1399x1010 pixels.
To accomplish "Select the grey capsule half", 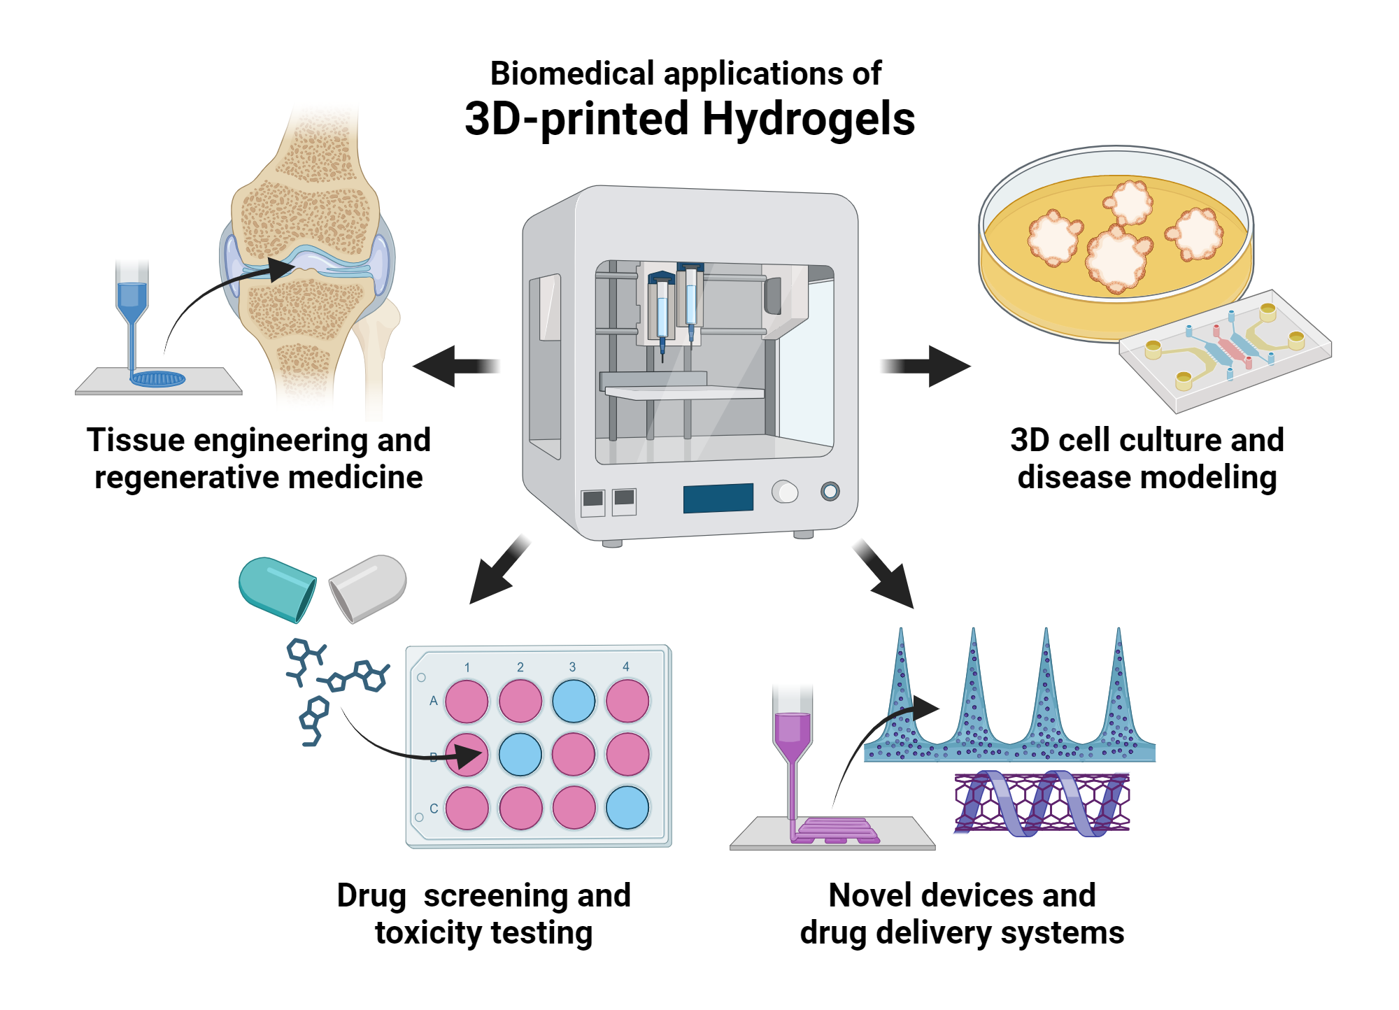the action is click(x=368, y=588).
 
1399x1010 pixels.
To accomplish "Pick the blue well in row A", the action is click(x=574, y=702).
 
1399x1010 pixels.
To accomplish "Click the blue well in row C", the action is click(x=627, y=808).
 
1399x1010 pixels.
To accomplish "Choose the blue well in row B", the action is click(x=520, y=755).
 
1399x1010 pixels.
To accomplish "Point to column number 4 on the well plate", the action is click(x=626, y=667).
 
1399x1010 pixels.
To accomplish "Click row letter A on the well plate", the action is click(x=434, y=701).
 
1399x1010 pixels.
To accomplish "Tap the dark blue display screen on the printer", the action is click(x=718, y=498).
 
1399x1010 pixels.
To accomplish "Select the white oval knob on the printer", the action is click(x=785, y=492).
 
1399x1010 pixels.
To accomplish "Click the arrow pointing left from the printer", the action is click(x=456, y=366).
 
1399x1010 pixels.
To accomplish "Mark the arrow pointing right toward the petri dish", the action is click(x=925, y=366).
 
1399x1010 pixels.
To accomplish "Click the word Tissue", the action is click(x=136, y=441).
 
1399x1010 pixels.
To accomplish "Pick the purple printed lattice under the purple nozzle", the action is click(x=837, y=830).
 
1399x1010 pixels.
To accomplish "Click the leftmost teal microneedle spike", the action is click(x=901, y=699).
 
